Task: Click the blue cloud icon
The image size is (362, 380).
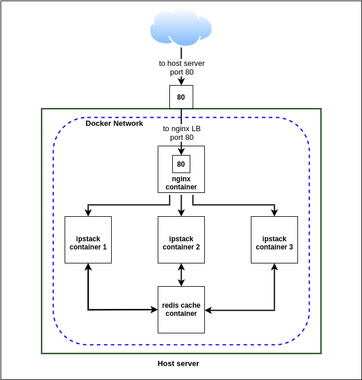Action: (x=180, y=28)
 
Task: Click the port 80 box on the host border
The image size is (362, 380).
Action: (x=181, y=97)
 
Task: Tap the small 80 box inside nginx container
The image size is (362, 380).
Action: (x=181, y=164)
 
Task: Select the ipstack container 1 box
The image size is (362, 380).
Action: (x=88, y=240)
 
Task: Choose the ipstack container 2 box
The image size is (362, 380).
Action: (x=181, y=240)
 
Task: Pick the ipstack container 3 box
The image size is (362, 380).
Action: (x=274, y=240)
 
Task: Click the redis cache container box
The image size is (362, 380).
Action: (x=181, y=309)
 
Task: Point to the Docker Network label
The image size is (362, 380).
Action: (x=114, y=124)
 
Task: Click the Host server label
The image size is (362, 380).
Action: (x=178, y=364)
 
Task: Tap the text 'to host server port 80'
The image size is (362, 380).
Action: (x=182, y=68)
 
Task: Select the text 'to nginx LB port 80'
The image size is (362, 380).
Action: (x=182, y=133)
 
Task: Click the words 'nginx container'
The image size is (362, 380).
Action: (x=181, y=183)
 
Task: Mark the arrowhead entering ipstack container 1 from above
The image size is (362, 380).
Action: (x=88, y=213)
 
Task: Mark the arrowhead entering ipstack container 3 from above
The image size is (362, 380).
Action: (x=274, y=213)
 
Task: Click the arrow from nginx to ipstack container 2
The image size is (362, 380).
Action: (x=181, y=205)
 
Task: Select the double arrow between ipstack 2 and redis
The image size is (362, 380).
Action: (x=181, y=275)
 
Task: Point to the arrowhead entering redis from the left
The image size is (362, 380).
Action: (x=154, y=309)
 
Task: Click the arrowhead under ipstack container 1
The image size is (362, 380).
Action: (x=88, y=267)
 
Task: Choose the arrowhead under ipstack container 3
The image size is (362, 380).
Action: (x=274, y=267)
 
